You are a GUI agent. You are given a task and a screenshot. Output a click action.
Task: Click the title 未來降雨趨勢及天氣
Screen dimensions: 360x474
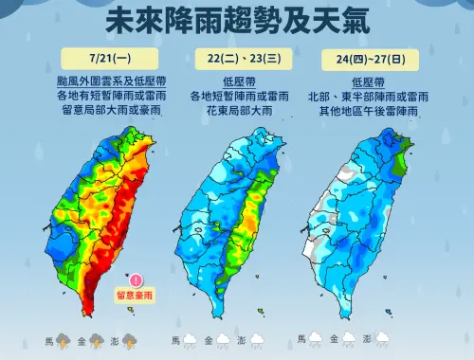point(237,21)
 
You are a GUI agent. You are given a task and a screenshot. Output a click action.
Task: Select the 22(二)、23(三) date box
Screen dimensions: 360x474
point(238,59)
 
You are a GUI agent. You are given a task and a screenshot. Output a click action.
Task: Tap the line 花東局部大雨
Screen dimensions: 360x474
point(238,110)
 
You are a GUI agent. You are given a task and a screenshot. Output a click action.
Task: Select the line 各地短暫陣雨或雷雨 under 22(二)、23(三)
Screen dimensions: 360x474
point(238,96)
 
